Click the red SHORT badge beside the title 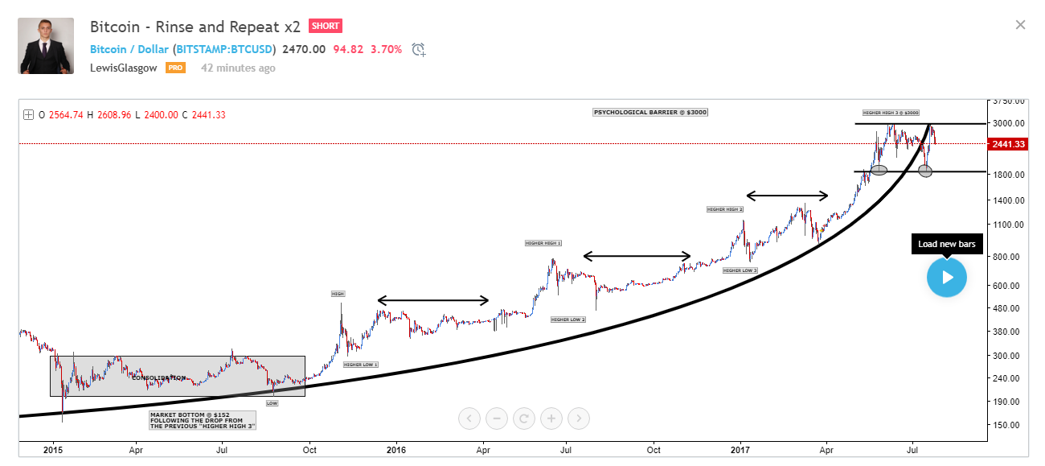tap(326, 26)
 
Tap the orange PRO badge tap(175, 68)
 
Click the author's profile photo tap(46, 46)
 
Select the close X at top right tap(1020, 25)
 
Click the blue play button tap(946, 277)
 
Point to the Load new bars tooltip tap(946, 244)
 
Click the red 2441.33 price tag tap(1007, 144)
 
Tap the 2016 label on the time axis tap(395, 451)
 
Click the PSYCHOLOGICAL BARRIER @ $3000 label tap(650, 112)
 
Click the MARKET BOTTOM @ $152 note tap(203, 419)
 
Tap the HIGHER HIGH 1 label tap(543, 243)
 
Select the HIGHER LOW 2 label tap(568, 320)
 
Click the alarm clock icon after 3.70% tap(418, 50)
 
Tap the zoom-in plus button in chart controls tap(551, 418)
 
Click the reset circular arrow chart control tap(524, 418)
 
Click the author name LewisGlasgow tap(125, 68)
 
